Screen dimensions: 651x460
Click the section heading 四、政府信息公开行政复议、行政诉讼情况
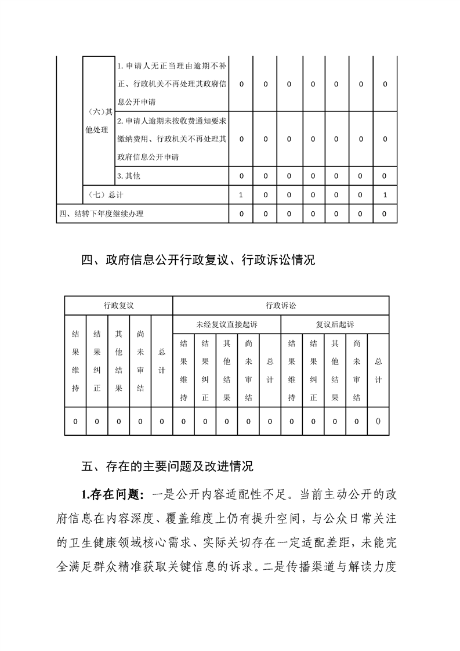point(198,261)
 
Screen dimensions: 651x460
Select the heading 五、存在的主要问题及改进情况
point(168,466)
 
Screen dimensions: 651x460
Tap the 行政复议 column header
point(118,305)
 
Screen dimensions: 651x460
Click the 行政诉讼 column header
point(281,305)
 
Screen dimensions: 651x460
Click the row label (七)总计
point(104,195)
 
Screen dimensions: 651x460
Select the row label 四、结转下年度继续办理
point(102,214)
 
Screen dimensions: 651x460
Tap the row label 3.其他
point(129,175)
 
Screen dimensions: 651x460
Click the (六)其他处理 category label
point(97,121)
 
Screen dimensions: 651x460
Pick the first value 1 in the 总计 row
point(241,195)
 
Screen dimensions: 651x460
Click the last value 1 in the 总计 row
point(385,195)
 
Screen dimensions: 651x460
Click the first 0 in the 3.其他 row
point(241,175)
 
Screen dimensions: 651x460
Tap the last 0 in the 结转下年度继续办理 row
point(385,214)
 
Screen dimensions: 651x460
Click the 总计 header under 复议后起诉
point(378,370)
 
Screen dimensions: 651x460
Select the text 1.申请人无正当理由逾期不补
point(172,66)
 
